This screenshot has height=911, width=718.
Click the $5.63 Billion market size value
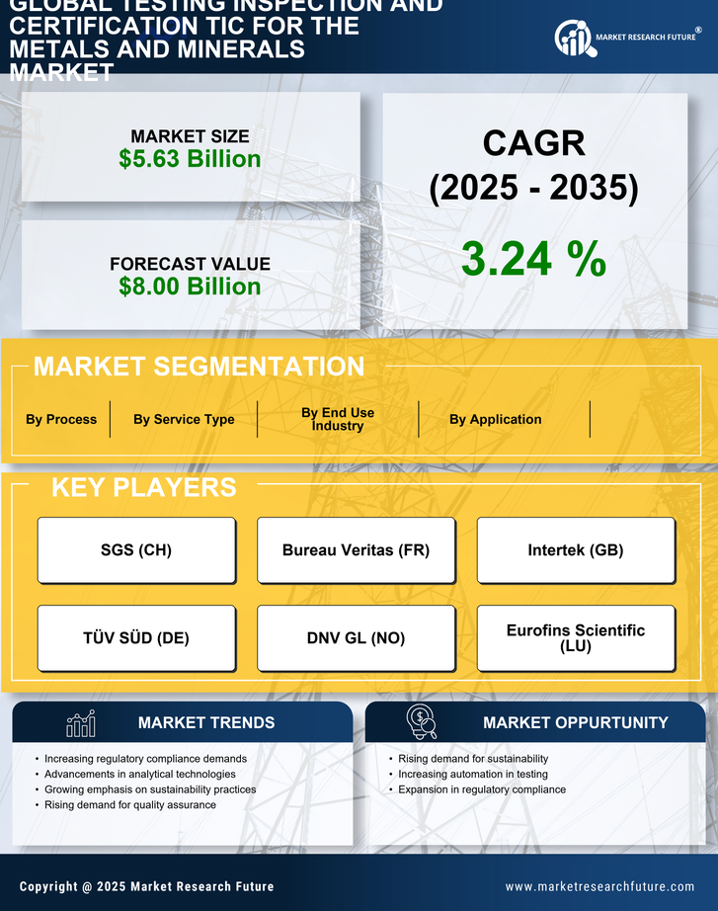pyautogui.click(x=190, y=159)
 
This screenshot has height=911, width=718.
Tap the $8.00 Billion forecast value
pyautogui.click(x=190, y=287)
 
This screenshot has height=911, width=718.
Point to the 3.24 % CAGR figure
pyautogui.click(x=533, y=259)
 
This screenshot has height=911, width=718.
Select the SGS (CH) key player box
pyautogui.click(x=136, y=550)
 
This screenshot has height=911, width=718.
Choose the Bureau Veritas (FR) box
pyautogui.click(x=356, y=550)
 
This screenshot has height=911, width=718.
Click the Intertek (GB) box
pyautogui.click(x=576, y=550)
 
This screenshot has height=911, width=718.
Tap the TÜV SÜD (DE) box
pyautogui.click(x=136, y=638)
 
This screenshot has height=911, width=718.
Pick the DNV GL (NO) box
pyautogui.click(x=356, y=638)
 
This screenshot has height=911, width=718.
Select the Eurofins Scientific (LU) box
pyautogui.click(x=576, y=637)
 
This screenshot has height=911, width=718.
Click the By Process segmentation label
pyautogui.click(x=61, y=419)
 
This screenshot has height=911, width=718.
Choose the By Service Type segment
pyautogui.click(x=184, y=419)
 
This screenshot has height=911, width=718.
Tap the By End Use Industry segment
pyautogui.click(x=338, y=419)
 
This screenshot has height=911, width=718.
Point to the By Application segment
pyautogui.click(x=495, y=419)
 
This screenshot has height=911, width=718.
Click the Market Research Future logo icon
pyautogui.click(x=573, y=39)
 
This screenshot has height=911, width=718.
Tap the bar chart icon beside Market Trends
pyautogui.click(x=81, y=723)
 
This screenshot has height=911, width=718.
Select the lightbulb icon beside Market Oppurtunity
pyautogui.click(x=421, y=722)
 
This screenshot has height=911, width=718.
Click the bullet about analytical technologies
pyautogui.click(x=139, y=775)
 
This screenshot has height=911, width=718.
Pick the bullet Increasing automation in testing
pyautogui.click(x=472, y=775)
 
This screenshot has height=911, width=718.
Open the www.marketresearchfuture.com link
pyautogui.click(x=599, y=886)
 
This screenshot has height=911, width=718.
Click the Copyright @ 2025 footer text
pyautogui.click(x=146, y=886)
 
